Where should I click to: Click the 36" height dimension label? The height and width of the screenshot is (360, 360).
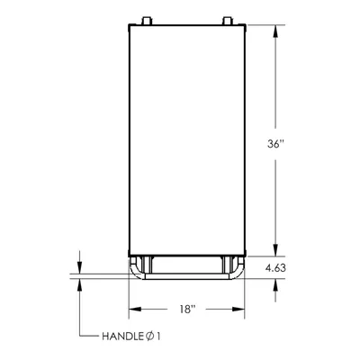[x=275, y=144]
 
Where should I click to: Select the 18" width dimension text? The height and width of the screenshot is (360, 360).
[x=187, y=309]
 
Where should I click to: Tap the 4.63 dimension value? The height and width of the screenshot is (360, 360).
[x=275, y=268]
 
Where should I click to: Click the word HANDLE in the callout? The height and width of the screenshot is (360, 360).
[x=122, y=337]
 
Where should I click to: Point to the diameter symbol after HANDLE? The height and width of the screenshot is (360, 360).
[x=149, y=337]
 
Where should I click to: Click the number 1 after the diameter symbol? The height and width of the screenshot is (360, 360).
[x=158, y=337]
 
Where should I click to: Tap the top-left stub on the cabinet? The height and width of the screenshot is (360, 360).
[x=147, y=21]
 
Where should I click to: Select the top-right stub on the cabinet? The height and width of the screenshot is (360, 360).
[x=227, y=21]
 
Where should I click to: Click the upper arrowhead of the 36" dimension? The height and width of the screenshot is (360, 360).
[x=275, y=31]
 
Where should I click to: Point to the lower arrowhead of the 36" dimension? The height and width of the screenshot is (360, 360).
[x=275, y=250]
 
